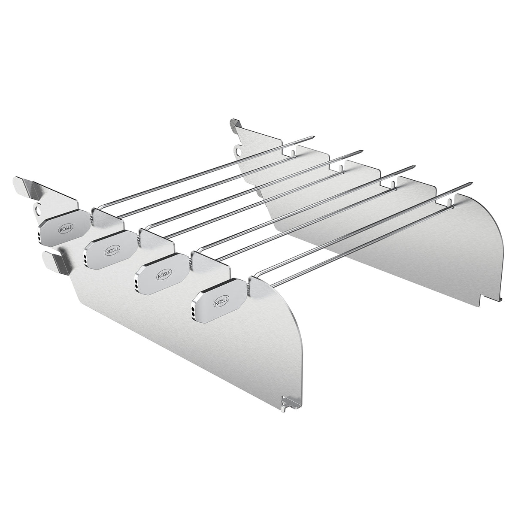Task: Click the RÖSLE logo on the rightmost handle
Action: click(x=221, y=303)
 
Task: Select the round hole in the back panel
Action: click(x=237, y=150)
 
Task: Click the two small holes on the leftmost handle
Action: click(x=39, y=236)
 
